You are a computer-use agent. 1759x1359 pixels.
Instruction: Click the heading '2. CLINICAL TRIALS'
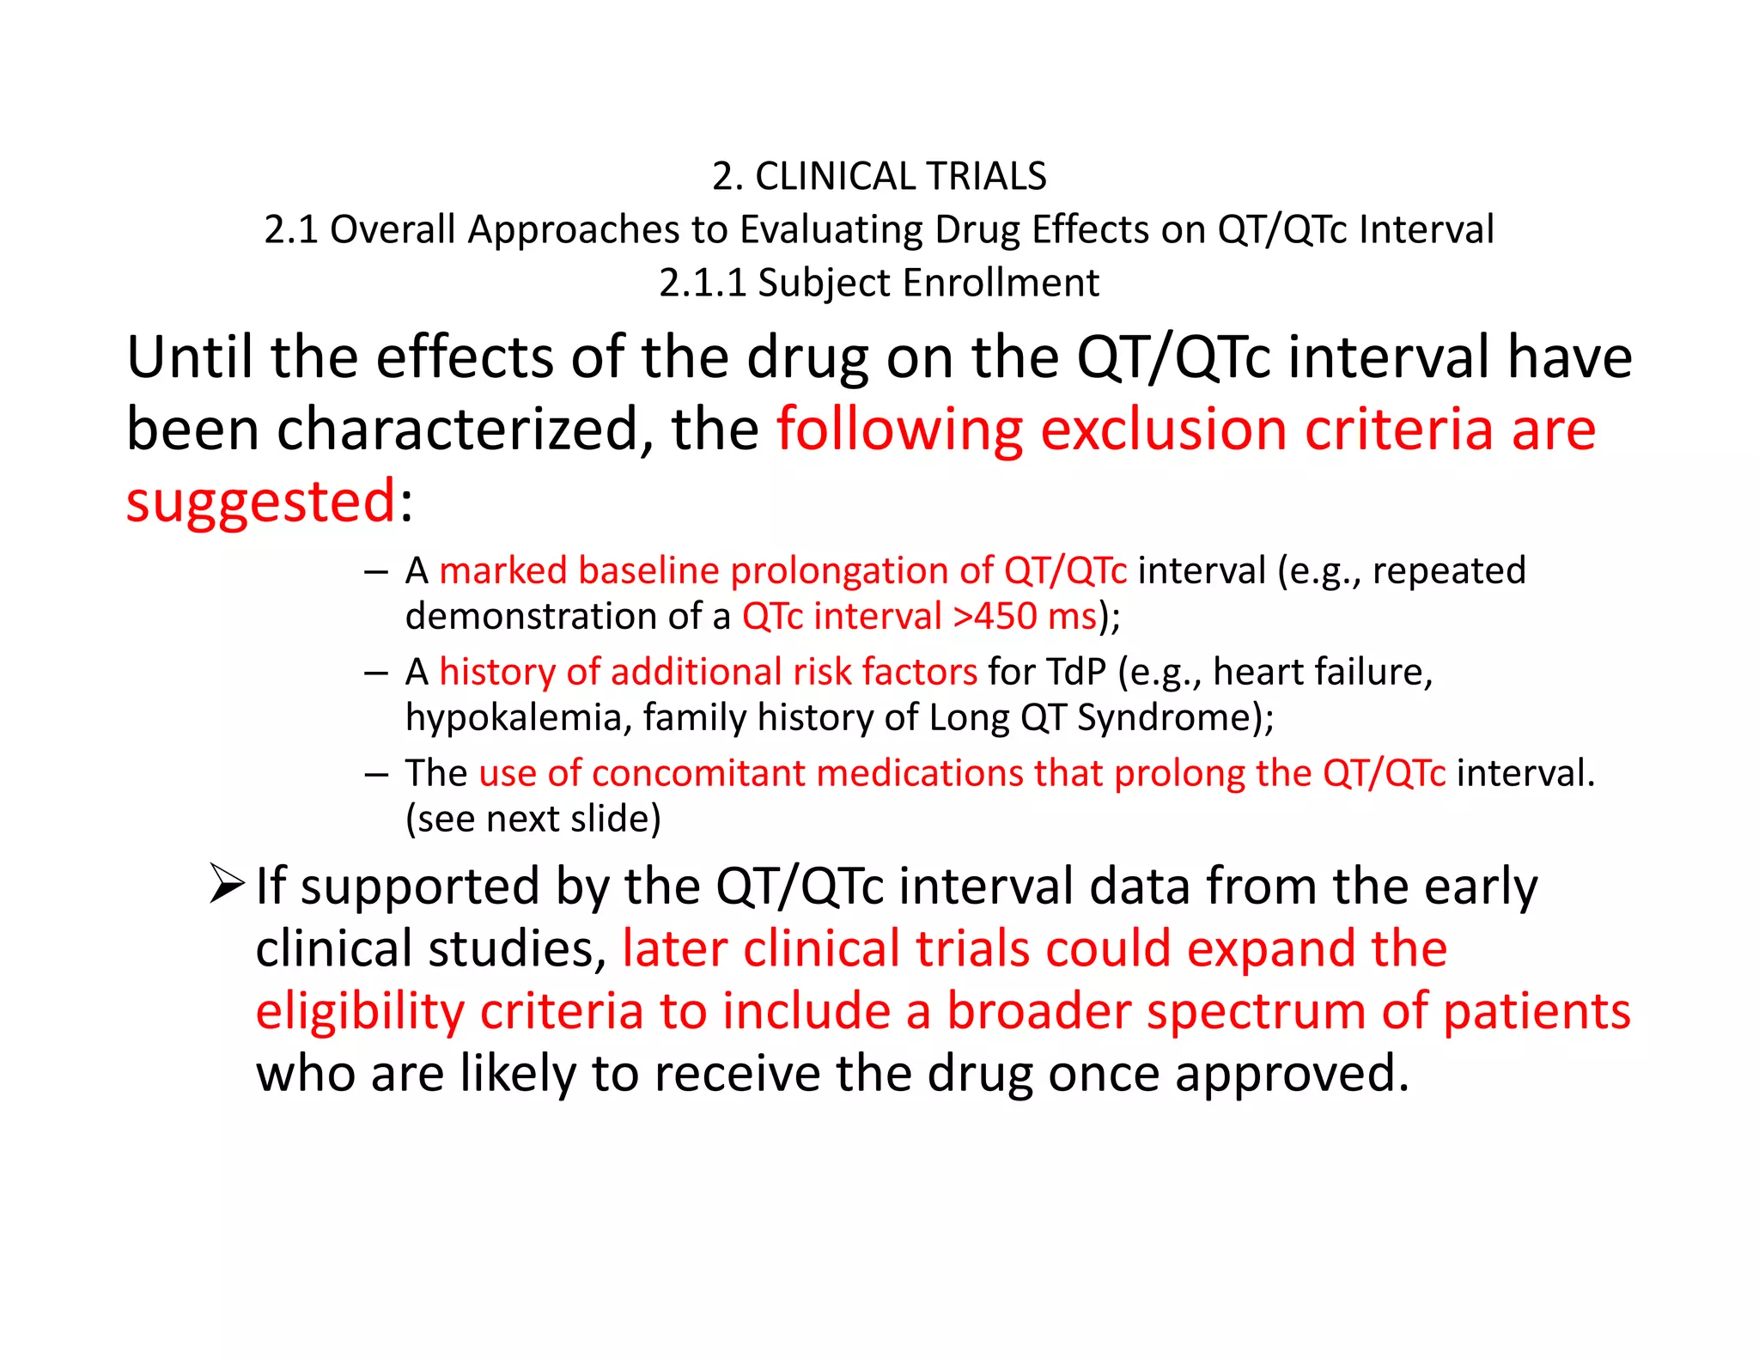[x=879, y=176]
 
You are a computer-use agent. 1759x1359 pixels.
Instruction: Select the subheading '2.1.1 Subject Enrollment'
[x=879, y=283]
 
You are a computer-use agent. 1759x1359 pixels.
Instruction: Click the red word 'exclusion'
[x=1164, y=429]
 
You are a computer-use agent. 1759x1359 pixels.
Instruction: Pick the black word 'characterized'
[x=459, y=429]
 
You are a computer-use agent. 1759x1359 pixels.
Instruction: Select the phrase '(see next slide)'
[x=533, y=819]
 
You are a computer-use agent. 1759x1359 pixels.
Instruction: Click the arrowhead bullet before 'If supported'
[x=227, y=885]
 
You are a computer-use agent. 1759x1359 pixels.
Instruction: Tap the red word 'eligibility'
[x=360, y=1011]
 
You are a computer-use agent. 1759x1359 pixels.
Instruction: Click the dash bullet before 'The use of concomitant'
[x=375, y=774]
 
